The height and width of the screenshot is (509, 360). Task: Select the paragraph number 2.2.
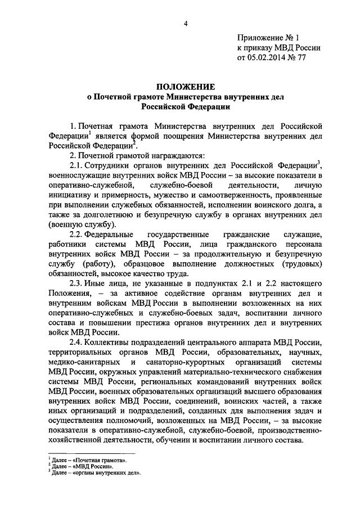[76, 250]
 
